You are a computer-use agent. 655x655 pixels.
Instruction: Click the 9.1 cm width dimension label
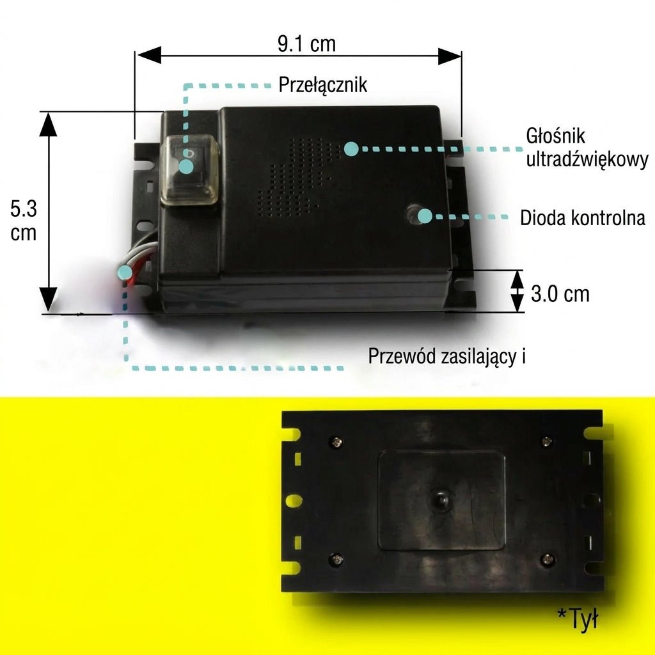pos(306,44)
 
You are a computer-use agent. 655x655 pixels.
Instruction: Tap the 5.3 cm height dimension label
pos(24,221)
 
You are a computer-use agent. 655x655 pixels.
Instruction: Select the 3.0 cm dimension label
pos(560,294)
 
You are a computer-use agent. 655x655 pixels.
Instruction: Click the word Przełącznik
pos(322,85)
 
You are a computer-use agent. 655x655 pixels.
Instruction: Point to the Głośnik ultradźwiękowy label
pos(587,148)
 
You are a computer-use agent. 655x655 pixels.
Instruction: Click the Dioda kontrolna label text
pos(583,217)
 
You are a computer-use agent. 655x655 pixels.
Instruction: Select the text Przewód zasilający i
pos(446,356)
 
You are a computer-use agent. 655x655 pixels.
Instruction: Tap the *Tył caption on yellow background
pos(578,618)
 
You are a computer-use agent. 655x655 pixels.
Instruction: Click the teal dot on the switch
pos(186,167)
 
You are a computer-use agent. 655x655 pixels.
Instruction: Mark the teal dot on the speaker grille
pos(351,148)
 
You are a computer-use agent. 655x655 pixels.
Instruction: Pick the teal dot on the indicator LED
pos(425,216)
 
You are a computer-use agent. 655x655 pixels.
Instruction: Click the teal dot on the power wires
pos(125,272)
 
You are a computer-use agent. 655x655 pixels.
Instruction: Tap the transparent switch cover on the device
pos(189,171)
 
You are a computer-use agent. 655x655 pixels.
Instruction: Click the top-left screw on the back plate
pos(336,441)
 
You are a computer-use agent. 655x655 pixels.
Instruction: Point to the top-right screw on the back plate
pos(546,441)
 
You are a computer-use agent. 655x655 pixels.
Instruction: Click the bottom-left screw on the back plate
pos(336,559)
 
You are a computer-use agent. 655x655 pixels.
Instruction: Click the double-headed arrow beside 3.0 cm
pos(517,291)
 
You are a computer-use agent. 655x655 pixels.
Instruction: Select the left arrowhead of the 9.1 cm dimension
pos(149,55)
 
